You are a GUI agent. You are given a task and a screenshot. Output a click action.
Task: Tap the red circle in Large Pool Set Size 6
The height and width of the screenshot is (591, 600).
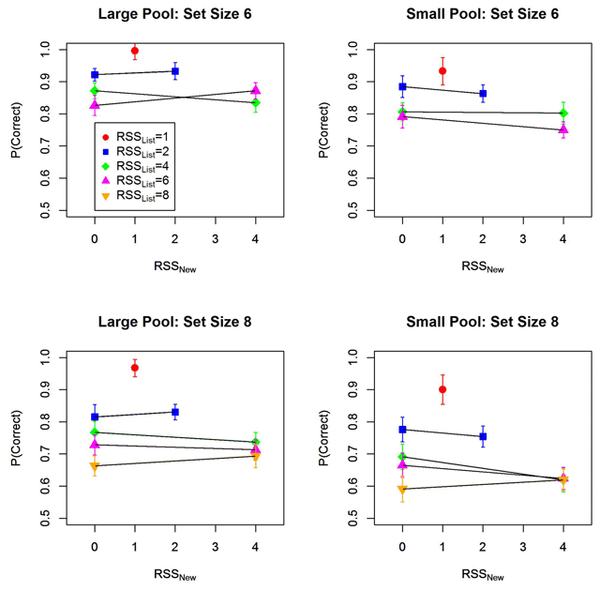point(135,50)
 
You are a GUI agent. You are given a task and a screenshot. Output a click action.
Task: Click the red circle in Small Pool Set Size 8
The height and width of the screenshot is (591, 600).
point(442,389)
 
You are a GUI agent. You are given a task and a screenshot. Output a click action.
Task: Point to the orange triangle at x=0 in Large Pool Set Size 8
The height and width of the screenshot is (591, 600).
point(95,465)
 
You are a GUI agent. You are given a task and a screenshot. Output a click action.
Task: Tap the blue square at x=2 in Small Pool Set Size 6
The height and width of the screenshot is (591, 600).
point(483,93)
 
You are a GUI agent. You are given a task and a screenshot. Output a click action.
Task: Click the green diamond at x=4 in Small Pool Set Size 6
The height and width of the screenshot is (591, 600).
point(563,114)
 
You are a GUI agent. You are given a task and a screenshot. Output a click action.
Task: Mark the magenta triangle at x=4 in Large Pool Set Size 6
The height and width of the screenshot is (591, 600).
point(256,90)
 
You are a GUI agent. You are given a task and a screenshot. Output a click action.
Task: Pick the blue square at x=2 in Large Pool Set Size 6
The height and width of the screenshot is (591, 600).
point(175,71)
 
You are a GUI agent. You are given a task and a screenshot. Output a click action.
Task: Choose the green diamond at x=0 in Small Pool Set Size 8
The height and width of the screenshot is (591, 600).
point(402,456)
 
